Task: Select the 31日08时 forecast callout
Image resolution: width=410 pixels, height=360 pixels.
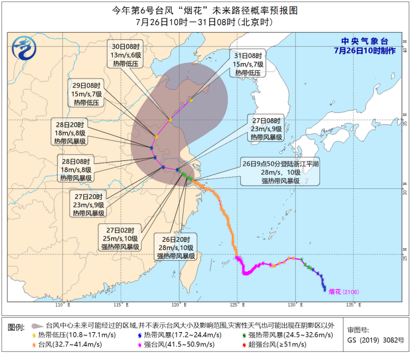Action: pyautogui.click(x=248, y=64)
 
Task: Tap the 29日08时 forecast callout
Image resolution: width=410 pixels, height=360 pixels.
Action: pyautogui.click(x=88, y=93)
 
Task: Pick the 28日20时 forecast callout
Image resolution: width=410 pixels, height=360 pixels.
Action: pyautogui.click(x=71, y=133)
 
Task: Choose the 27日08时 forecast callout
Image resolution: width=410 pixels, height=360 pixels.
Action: pyautogui.click(x=266, y=128)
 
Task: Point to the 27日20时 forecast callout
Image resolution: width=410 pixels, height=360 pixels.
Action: pyautogui.click(x=89, y=204)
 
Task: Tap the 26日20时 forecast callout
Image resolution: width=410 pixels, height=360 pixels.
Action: pyautogui.click(x=176, y=247)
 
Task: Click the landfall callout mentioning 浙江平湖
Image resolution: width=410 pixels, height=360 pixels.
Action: pyautogui.click(x=280, y=171)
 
